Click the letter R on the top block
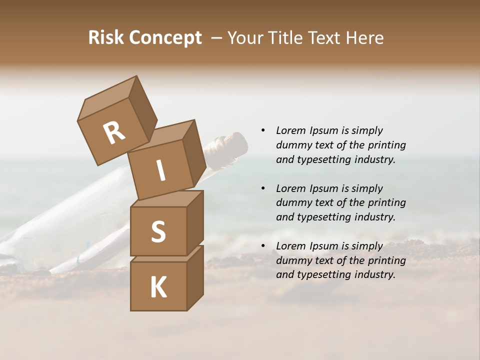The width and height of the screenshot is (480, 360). coord(114,133)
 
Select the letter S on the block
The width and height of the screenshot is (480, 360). coord(158,231)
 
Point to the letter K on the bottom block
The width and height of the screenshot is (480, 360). coord(158,287)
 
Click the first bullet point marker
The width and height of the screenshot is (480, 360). coord(263,130)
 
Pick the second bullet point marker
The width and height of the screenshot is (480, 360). coord(263,188)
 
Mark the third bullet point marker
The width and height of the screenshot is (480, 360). coord(263,246)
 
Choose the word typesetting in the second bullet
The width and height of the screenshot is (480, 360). coord(327,217)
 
